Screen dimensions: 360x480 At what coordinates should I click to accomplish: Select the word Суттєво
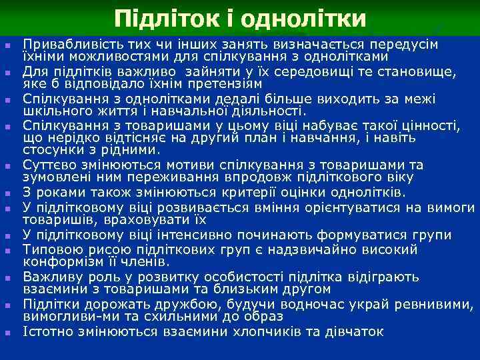point(47,165)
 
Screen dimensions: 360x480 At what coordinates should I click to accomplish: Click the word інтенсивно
point(192,235)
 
